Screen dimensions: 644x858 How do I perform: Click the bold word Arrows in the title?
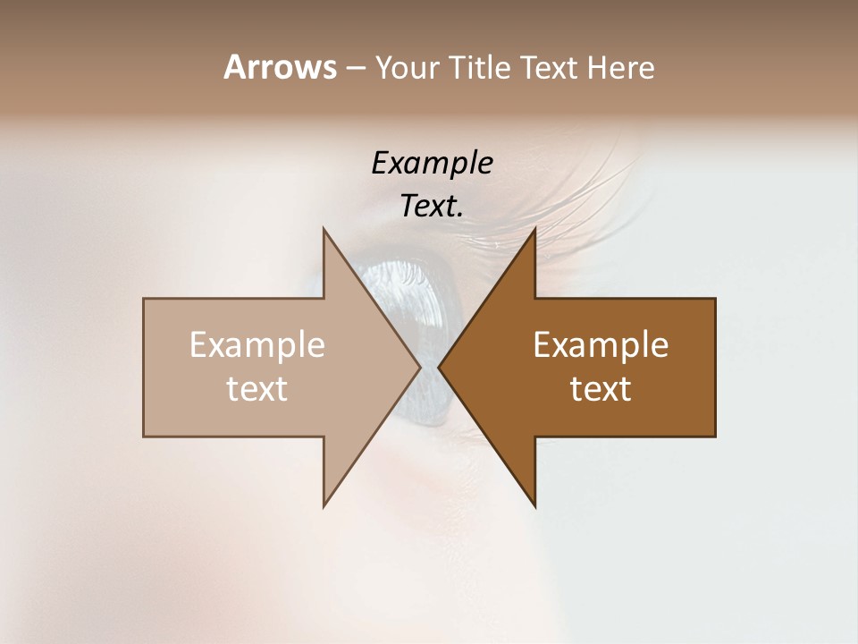pyautogui.click(x=280, y=67)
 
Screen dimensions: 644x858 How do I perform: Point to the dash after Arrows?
pyautogui.click(x=355, y=69)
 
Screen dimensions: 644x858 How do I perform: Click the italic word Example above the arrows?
pyautogui.click(x=432, y=163)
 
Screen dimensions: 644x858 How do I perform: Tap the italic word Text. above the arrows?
pyautogui.click(x=432, y=206)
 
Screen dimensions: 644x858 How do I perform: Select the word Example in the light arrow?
pyautogui.click(x=257, y=344)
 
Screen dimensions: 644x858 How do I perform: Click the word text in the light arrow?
pyautogui.click(x=257, y=389)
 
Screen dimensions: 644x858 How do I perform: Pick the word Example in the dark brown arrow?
pyautogui.click(x=601, y=344)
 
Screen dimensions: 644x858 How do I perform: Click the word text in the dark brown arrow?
pyautogui.click(x=601, y=389)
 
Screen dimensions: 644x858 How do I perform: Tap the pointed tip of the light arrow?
pyautogui.click(x=420, y=367)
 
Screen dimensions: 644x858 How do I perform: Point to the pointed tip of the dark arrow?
pyautogui.click(x=439, y=367)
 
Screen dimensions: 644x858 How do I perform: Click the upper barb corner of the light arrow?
pyautogui.click(x=324, y=229)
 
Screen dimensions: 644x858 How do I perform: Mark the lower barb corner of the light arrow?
pyautogui.click(x=324, y=506)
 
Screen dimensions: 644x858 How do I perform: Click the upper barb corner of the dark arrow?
pyautogui.click(x=534, y=229)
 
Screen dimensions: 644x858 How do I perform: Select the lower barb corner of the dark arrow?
pyautogui.click(x=534, y=506)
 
